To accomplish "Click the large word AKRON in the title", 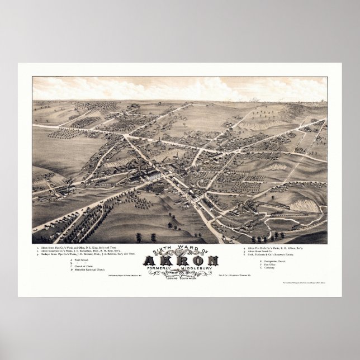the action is (179, 260).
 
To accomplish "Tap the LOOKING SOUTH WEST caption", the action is (180, 279).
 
